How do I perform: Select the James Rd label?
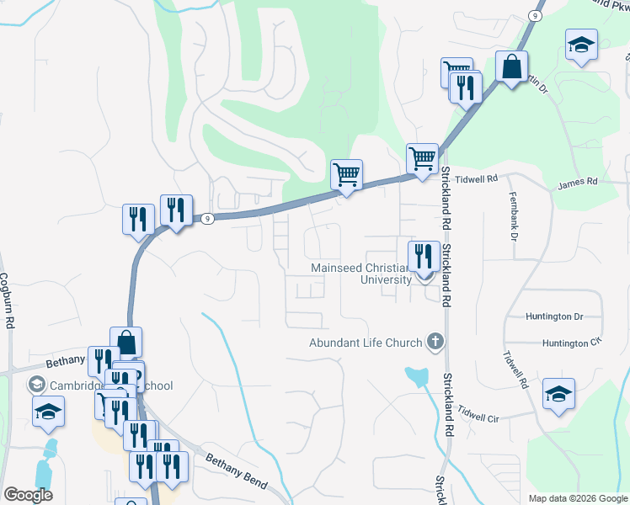[577, 182]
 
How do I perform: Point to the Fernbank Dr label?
[512, 214]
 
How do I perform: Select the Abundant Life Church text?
[365, 343]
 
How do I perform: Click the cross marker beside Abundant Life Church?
[435, 341]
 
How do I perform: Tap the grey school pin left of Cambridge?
[36, 385]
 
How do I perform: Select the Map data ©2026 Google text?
[577, 498]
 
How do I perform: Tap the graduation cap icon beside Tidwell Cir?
[558, 394]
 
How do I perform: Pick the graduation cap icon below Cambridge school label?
[49, 412]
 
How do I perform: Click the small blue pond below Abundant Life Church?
[415, 375]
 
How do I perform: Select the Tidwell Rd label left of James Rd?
[477, 179]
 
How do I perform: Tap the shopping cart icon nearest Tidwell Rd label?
[422, 157]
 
